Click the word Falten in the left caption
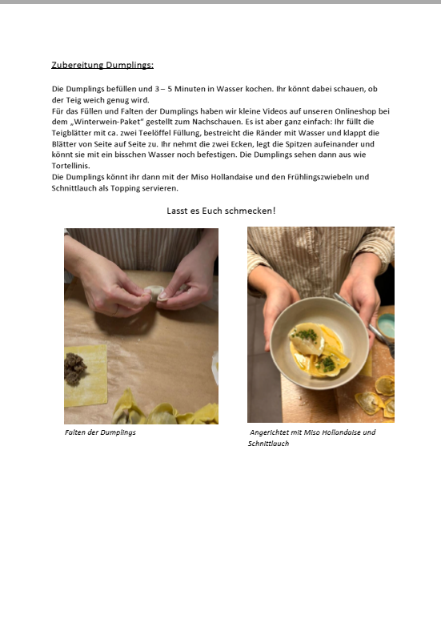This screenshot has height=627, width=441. (73, 432)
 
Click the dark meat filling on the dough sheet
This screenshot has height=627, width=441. (75, 368)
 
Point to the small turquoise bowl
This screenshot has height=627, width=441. (386, 325)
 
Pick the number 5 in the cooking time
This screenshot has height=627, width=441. (170, 89)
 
